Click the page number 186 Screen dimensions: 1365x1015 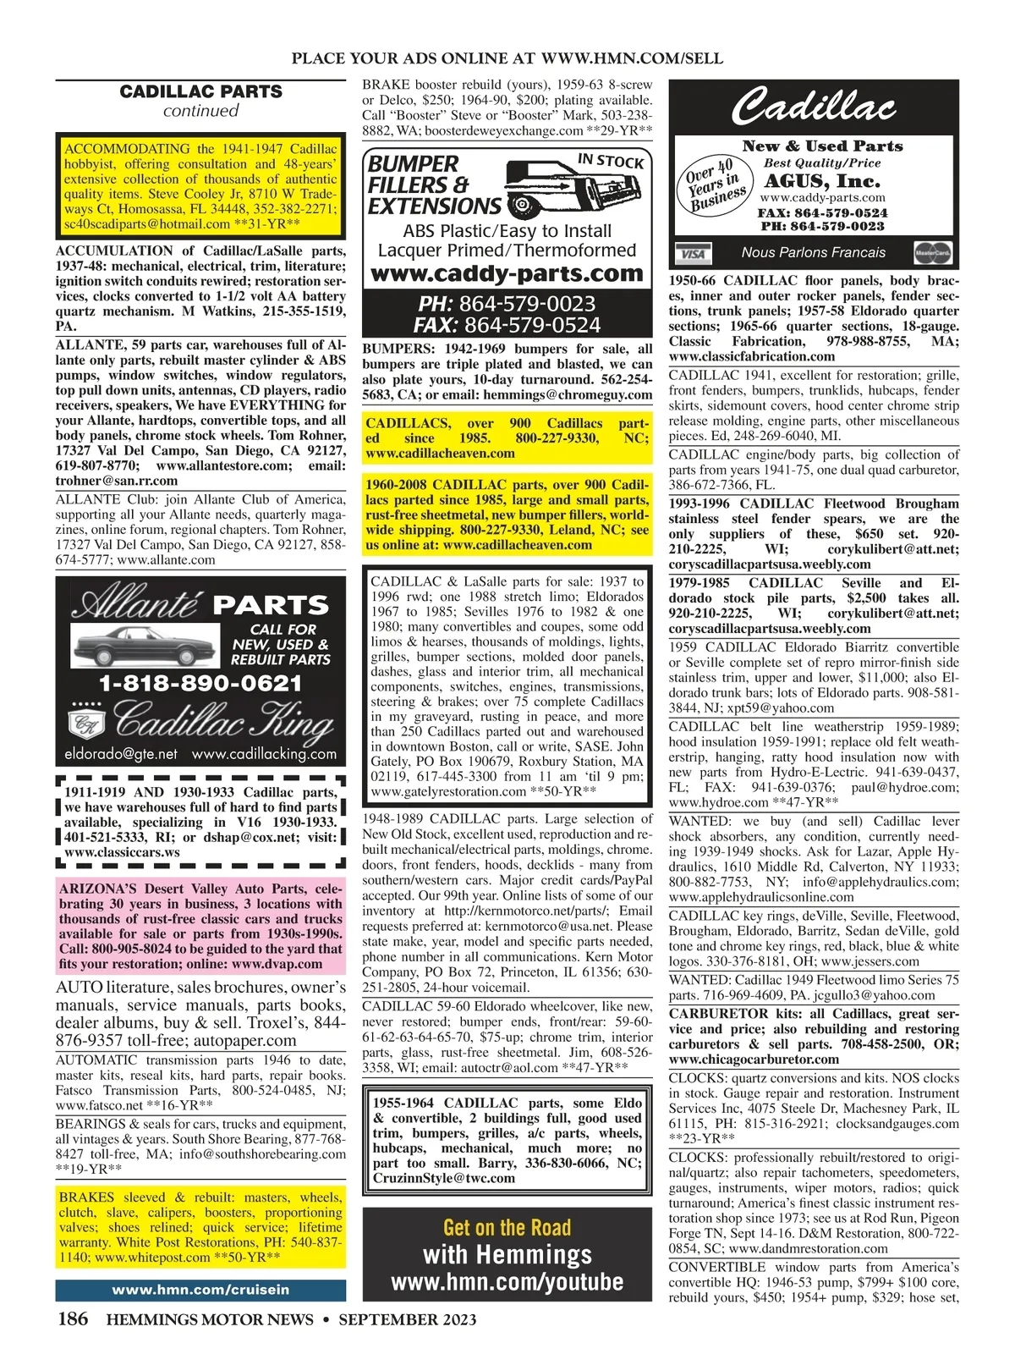(x=72, y=1318)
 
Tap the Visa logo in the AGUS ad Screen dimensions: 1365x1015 (x=693, y=253)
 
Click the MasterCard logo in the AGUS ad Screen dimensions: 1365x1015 (x=934, y=252)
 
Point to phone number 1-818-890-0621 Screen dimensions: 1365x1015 (x=200, y=684)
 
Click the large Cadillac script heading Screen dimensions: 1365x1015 (x=813, y=107)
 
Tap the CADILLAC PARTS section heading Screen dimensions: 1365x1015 (x=200, y=91)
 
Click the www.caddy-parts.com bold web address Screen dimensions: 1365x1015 (x=507, y=273)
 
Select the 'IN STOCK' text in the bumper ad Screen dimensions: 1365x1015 (x=610, y=160)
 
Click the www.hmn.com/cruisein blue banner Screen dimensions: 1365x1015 (x=200, y=1290)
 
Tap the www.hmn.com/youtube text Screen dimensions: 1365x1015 (x=507, y=1281)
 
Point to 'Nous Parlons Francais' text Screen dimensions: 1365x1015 (x=813, y=252)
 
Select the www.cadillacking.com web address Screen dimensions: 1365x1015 (x=264, y=753)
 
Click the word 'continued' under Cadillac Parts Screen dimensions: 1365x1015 (x=200, y=111)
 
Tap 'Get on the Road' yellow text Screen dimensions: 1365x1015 (x=507, y=1227)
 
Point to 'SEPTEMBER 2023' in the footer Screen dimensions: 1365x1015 (x=408, y=1319)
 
